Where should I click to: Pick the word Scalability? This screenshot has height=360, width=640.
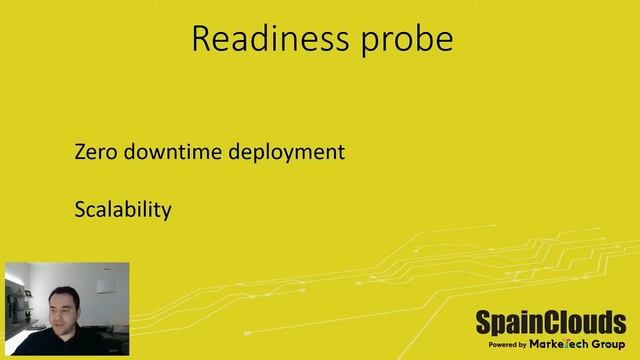point(123,210)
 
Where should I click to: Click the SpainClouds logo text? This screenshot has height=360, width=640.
point(550,323)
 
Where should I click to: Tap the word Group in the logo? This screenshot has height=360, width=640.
point(604,343)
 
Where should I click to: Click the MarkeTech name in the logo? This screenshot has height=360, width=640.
point(554,343)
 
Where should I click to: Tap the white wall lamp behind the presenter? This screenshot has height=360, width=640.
point(104,284)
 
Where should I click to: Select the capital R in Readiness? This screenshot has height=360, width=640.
point(200,39)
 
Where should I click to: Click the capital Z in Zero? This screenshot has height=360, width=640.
point(81,153)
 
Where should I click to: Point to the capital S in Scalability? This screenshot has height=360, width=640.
point(80,210)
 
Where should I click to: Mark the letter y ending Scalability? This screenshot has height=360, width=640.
point(166,213)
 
